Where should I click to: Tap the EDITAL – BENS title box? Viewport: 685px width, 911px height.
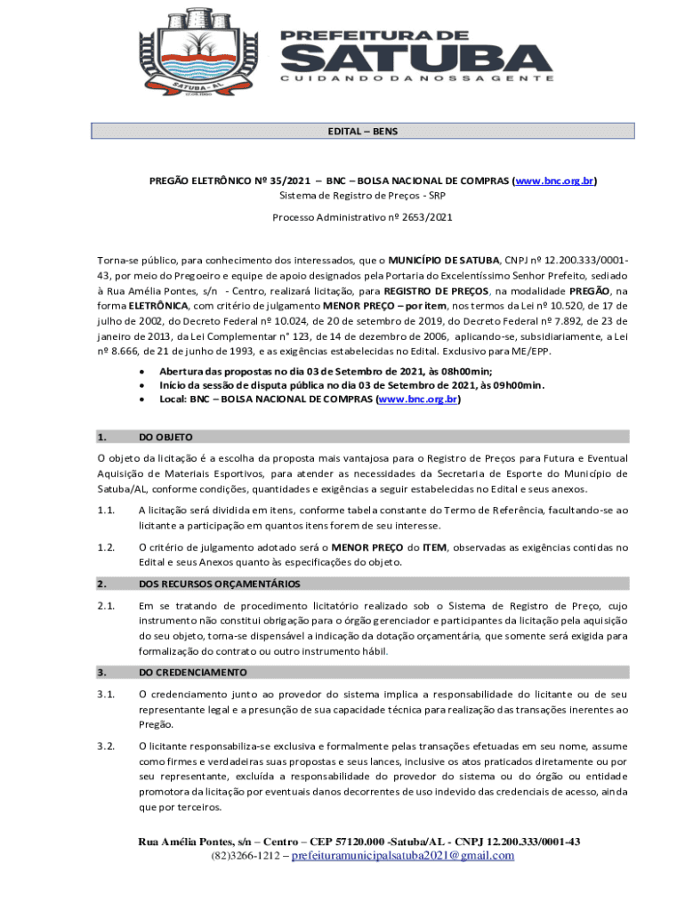pos(363,132)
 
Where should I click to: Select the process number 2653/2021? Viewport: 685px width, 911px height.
pos(425,217)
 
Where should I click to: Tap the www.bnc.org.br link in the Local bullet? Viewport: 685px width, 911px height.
pos(417,400)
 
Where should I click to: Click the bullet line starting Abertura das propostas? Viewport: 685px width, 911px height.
pos(326,371)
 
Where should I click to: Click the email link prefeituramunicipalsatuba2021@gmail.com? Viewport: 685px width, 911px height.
pos(403,856)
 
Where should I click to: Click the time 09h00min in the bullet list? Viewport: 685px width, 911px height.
pos(510,385)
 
